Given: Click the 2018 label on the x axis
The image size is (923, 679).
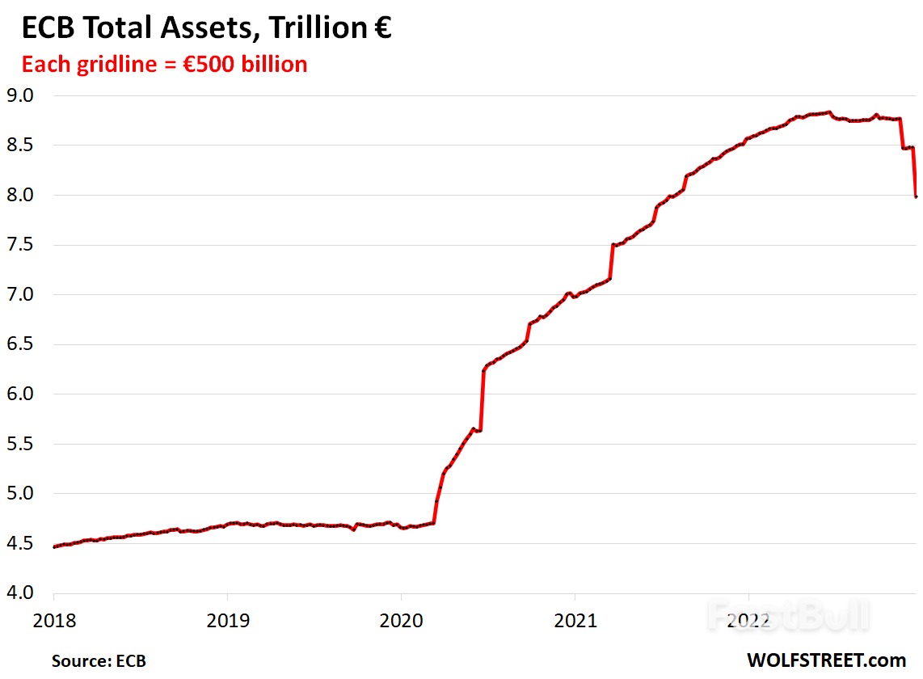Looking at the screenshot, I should [x=54, y=620].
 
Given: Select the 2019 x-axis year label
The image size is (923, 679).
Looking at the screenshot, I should [x=227, y=620].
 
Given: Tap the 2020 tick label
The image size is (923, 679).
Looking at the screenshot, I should [x=401, y=620].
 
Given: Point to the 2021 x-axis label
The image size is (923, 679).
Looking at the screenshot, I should [x=574, y=620].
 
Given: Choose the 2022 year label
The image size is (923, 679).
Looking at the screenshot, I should [x=748, y=620].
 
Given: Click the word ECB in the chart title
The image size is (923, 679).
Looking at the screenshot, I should [x=51, y=29].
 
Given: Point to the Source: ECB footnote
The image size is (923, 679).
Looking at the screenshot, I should [x=99, y=660].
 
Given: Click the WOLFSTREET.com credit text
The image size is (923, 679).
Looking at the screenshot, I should [x=826, y=660].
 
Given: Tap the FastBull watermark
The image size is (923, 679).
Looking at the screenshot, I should [x=788, y=616].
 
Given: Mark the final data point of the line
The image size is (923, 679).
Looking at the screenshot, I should [x=916, y=196].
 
